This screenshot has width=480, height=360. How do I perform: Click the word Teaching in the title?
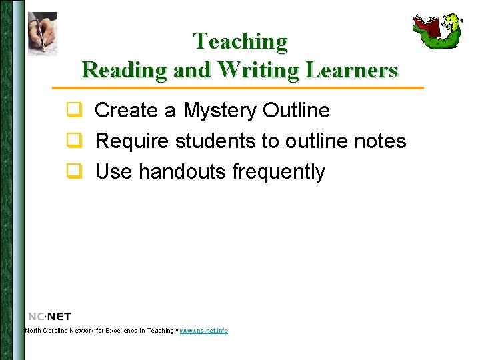(240, 41)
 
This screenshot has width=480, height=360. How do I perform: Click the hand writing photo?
(42, 33)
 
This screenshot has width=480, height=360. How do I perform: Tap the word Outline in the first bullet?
(296, 110)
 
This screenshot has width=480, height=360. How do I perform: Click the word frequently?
(279, 172)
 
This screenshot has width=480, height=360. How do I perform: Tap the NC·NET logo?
(49, 316)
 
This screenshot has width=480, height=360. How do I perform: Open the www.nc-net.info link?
(203, 331)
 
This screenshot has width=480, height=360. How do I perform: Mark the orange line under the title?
(238, 88)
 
